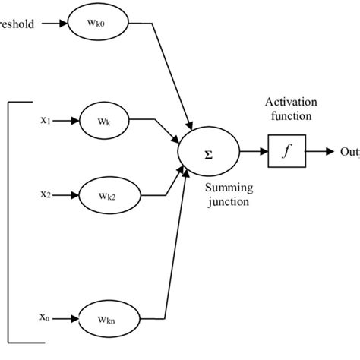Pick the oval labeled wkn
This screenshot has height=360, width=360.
[x=106, y=314]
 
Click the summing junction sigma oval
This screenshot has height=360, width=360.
[x=207, y=152]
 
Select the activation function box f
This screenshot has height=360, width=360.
[x=285, y=153]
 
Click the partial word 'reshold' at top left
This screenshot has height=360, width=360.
[x=17, y=23]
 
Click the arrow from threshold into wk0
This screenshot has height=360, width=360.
[x=53, y=23]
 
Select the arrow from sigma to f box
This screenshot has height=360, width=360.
[x=252, y=153]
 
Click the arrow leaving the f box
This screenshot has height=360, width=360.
[x=319, y=153]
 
